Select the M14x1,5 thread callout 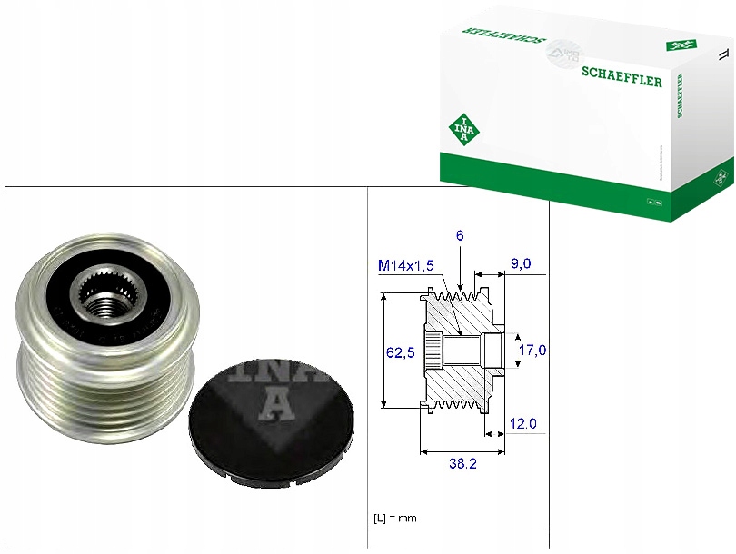[x=406, y=264]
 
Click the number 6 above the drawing [x=461, y=235]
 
